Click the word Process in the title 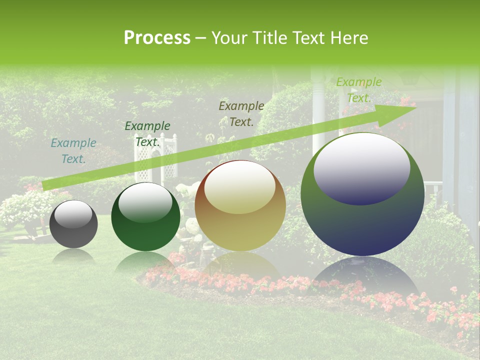[x=157, y=37]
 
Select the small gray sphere [x=73, y=224]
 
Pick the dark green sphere [x=145, y=217]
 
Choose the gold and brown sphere [x=240, y=205]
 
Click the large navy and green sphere [x=362, y=194]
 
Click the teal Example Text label [x=73, y=151]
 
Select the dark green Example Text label [x=147, y=134]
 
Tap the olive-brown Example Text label [x=241, y=113]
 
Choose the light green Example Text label [x=359, y=90]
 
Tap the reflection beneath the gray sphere [x=73, y=256]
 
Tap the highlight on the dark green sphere [x=145, y=202]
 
